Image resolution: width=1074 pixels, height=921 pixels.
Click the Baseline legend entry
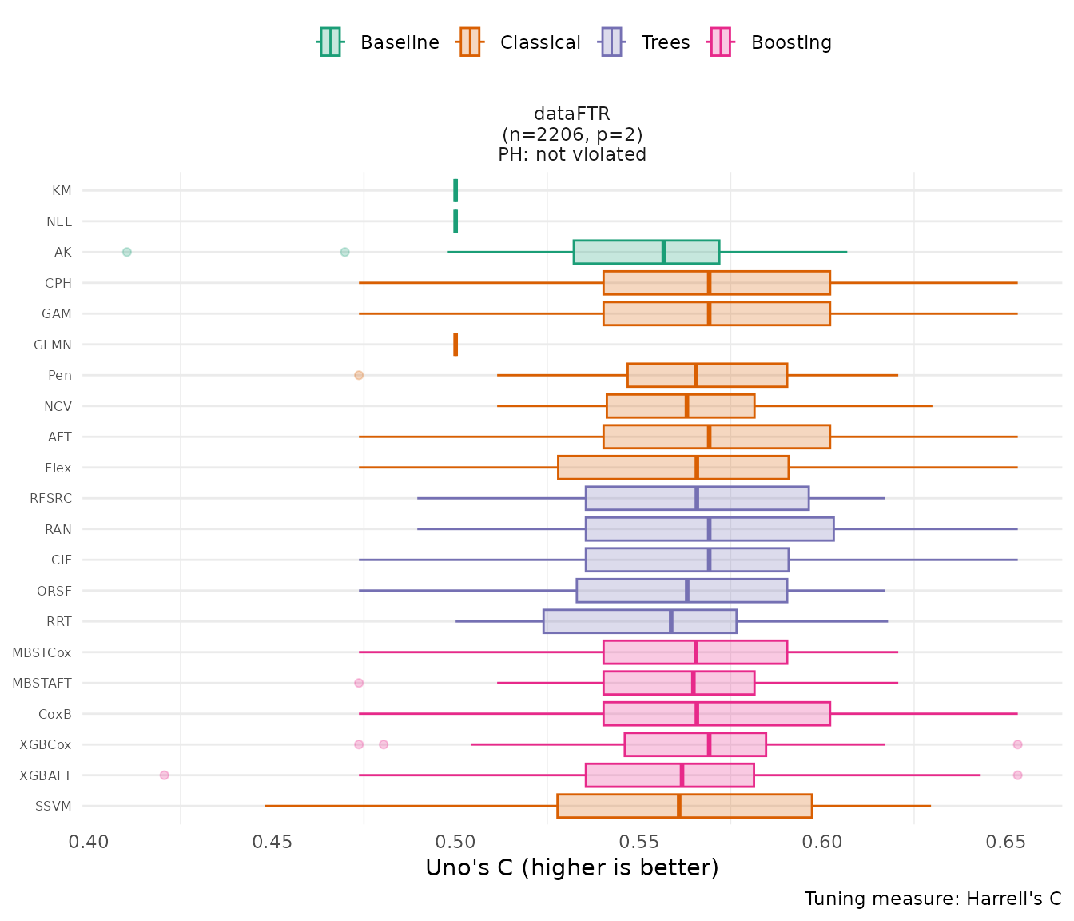(379, 42)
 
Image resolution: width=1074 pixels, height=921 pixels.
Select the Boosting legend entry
(771, 42)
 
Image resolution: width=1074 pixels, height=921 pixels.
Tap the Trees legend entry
(646, 42)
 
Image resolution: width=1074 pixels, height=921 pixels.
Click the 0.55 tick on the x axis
(639, 842)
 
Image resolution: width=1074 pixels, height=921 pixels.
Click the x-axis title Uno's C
(572, 868)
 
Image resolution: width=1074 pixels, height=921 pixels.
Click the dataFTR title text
(572, 114)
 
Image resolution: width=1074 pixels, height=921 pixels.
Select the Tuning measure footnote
(933, 899)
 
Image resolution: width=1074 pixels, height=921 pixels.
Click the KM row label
(62, 191)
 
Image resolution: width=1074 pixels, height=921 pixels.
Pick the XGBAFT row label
(46, 775)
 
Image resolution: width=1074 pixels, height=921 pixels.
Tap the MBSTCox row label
(42, 652)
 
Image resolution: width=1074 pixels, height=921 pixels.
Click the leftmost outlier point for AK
(127, 252)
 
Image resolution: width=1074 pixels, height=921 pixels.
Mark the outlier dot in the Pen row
(359, 375)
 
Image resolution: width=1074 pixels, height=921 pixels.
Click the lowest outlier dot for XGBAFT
(165, 775)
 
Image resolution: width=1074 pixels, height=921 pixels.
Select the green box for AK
(646, 252)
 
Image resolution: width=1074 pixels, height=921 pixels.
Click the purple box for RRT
(639, 621)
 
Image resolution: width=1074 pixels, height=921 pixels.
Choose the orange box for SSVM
(684, 806)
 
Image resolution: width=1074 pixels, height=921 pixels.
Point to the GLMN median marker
(455, 345)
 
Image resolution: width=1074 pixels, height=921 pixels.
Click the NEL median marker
(455, 221)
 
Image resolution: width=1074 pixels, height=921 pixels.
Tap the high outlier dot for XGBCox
(1017, 744)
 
